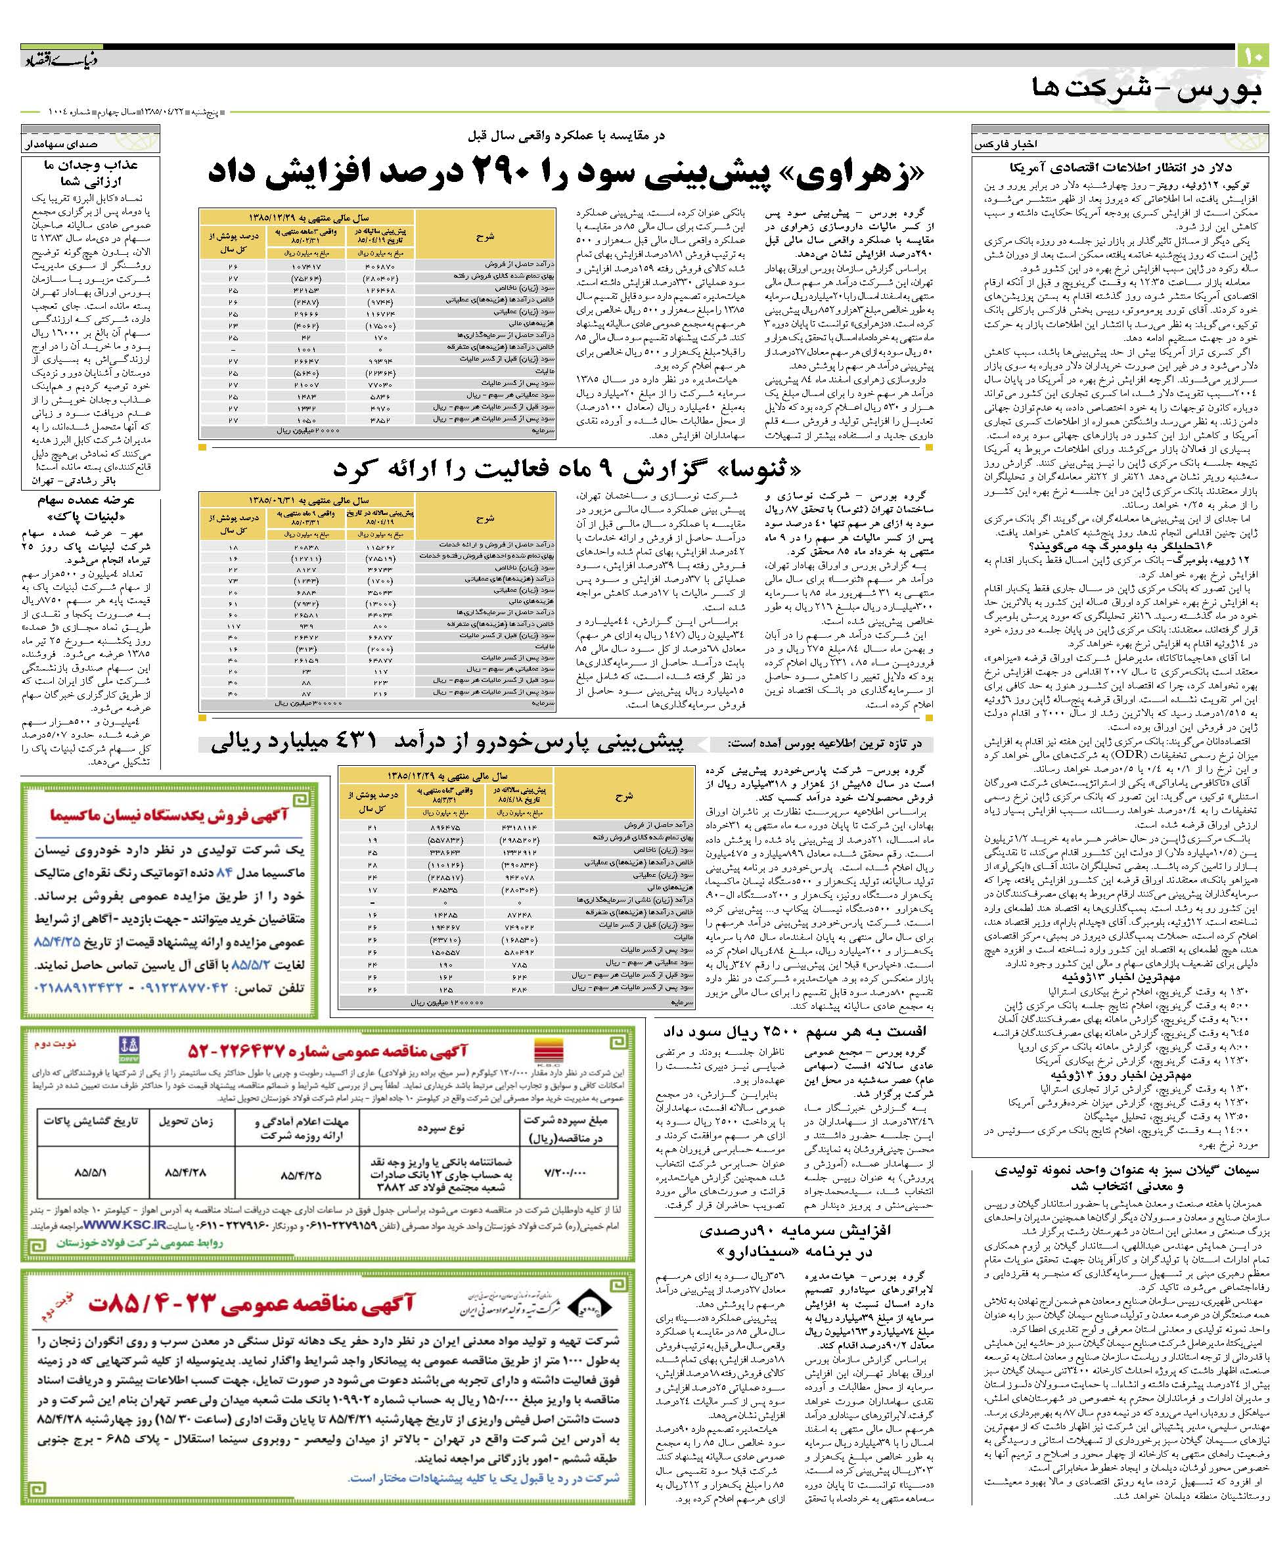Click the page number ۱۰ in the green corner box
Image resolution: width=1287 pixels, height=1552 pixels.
pos(1253,56)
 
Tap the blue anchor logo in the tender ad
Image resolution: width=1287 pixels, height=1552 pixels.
pos(129,1047)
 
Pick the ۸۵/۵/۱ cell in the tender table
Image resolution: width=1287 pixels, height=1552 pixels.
pos(91,1172)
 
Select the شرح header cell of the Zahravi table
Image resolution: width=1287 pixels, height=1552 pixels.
pos(485,236)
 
